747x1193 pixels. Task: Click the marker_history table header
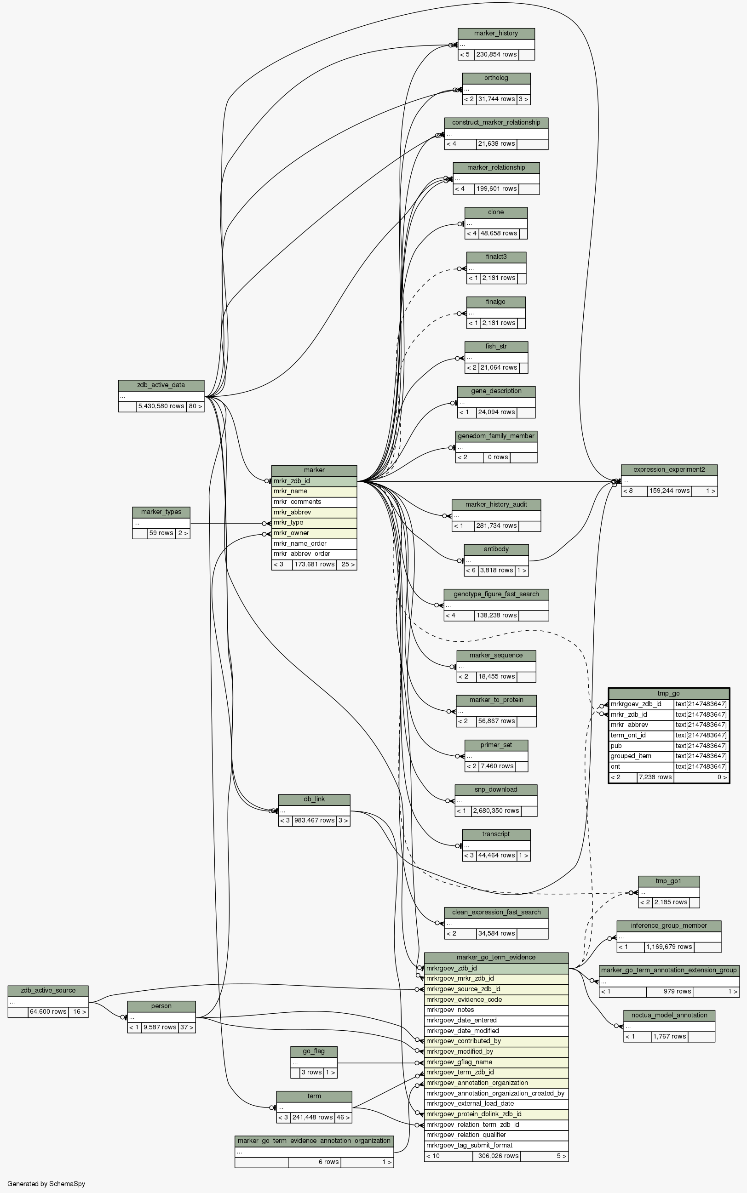[496, 34]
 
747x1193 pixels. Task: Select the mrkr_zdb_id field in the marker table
[314, 481]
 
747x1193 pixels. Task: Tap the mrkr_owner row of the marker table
[314, 533]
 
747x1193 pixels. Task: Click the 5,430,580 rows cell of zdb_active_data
[161, 406]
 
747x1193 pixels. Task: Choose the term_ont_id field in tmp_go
[642, 735]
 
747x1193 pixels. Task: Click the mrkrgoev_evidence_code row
[496, 999]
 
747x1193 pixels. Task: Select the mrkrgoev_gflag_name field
[496, 1062]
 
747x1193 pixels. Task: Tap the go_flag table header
[314, 1051]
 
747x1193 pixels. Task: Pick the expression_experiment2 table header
[669, 469]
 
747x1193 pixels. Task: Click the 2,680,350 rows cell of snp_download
[495, 811]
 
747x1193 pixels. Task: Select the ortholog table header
[496, 78]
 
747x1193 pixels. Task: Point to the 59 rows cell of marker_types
[161, 533]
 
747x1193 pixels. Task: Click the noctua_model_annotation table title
[669, 1015]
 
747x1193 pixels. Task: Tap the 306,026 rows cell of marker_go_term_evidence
[496, 1156]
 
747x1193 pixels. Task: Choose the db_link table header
[314, 799]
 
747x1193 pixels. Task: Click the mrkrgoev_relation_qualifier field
[496, 1135]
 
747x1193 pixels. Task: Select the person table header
[161, 1006]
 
